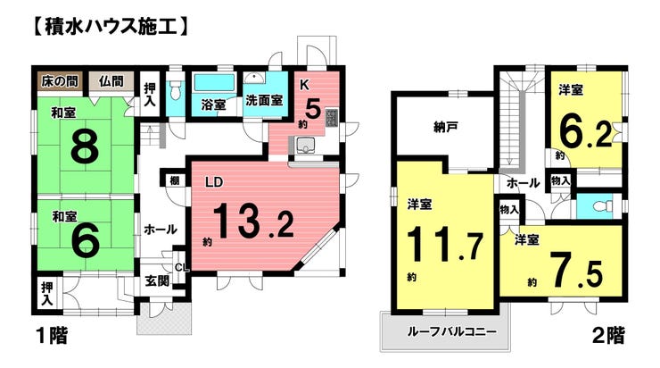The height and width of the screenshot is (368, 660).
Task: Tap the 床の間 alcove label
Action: (x=60, y=81)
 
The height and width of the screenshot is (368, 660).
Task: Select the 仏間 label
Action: (x=111, y=81)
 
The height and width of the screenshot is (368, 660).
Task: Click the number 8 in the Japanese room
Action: (x=85, y=146)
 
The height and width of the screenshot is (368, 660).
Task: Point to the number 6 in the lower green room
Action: (x=86, y=239)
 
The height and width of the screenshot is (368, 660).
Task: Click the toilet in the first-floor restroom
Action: (x=175, y=90)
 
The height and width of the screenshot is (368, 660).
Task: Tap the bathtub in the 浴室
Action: (x=214, y=83)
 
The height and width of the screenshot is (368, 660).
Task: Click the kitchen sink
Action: (x=304, y=146)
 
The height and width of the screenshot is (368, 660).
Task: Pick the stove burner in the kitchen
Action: (x=332, y=118)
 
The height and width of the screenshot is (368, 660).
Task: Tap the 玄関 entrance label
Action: (x=158, y=280)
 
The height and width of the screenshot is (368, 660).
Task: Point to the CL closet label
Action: (x=182, y=267)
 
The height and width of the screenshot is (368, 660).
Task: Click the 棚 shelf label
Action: (x=175, y=180)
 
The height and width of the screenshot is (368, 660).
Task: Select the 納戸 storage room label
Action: (x=445, y=127)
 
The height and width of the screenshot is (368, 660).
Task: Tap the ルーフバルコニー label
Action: (x=451, y=331)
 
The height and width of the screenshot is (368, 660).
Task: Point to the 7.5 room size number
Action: (x=576, y=269)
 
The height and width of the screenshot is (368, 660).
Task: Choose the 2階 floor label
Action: (x=608, y=336)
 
